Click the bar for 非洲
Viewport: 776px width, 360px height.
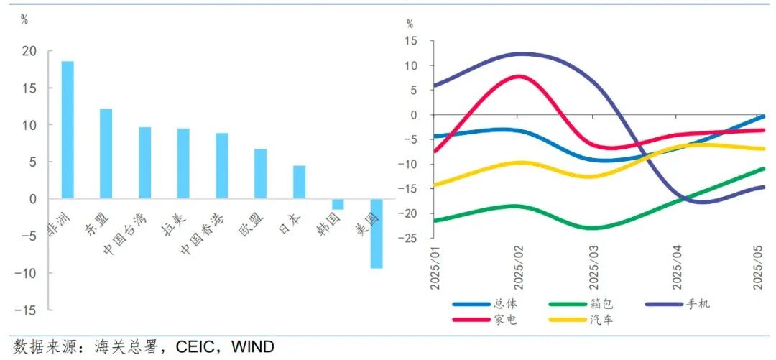pyautogui.click(x=68, y=129)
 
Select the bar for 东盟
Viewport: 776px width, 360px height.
pyautogui.click(x=106, y=154)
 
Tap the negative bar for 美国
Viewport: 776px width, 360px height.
pyautogui.click(x=376, y=234)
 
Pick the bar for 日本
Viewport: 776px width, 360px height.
pyautogui.click(x=299, y=183)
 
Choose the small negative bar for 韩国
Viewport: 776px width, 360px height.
pyautogui.click(x=337, y=204)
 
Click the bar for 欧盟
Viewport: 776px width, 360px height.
pyautogui.click(x=260, y=174)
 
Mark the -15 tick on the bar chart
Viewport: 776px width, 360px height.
pyautogui.click(x=26, y=310)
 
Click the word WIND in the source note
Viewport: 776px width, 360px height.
pyautogui.click(x=253, y=348)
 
